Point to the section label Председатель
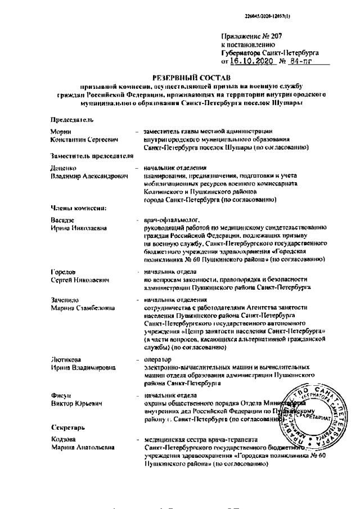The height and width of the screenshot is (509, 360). point(71,120)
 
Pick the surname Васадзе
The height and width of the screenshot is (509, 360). point(62,220)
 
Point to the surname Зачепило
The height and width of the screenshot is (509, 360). point(65,301)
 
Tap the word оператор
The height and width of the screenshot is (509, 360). point(159,361)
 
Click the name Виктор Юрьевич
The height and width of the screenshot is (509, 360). point(75,403)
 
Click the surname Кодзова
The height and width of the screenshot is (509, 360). point(62,439)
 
